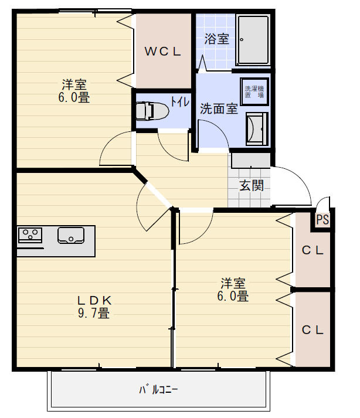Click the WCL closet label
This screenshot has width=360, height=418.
163,51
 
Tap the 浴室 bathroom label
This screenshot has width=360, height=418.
216,39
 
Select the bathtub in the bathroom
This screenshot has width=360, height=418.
253,40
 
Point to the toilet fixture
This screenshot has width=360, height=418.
150,110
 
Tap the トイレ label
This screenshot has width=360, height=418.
179,101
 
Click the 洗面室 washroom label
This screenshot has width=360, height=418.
219,108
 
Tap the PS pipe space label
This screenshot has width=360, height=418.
322,220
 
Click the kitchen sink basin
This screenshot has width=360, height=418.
71,235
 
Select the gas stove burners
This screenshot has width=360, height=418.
30,235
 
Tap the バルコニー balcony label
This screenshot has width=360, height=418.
158,389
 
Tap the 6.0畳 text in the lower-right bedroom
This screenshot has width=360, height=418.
233,296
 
